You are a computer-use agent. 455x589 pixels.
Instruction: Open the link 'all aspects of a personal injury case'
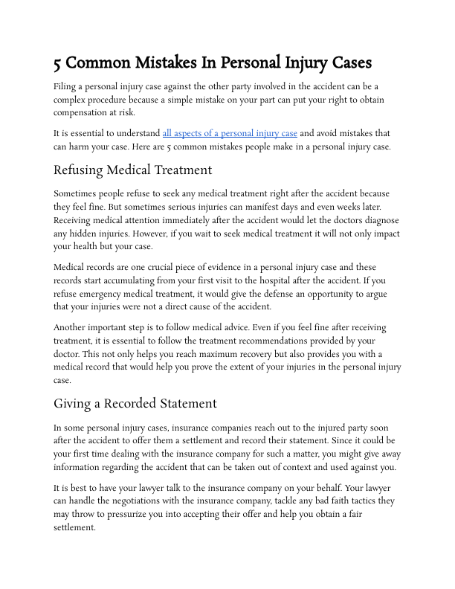pos(230,133)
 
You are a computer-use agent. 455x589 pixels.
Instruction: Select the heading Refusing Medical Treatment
pos(132,170)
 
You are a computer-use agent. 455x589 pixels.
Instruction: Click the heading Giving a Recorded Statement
pos(135,403)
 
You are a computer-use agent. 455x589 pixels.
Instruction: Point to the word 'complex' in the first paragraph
pos(71,99)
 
